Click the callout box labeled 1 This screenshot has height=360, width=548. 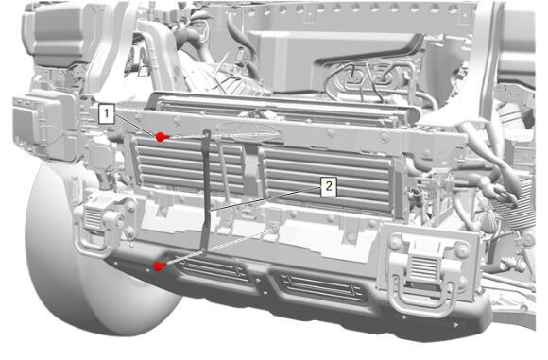[107, 112]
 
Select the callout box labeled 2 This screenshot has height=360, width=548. [329, 186]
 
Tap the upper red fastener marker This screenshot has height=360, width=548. [162, 137]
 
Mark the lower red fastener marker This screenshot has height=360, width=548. [160, 266]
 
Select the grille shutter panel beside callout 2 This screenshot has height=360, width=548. [327, 177]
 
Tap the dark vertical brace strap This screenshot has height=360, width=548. [206, 192]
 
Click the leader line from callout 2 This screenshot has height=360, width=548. [265, 198]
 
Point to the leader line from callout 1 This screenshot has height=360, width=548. [135, 125]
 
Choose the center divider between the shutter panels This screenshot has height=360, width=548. [251, 169]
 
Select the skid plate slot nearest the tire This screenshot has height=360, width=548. [214, 270]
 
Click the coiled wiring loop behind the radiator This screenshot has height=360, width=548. [367, 80]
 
